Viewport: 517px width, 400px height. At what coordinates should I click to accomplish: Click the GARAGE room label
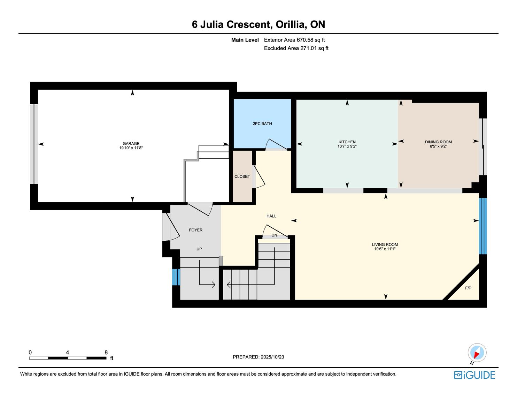131,143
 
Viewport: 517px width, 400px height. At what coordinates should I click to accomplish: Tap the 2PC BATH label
262,123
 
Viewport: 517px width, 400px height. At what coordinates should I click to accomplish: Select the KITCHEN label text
347,142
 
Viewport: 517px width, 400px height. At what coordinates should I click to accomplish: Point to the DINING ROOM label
438,142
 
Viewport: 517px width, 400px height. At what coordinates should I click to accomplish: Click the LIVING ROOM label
385,244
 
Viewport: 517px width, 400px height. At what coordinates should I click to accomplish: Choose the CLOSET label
242,176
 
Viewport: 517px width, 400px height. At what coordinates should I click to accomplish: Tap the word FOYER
195,230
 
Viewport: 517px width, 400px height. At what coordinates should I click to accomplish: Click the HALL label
271,216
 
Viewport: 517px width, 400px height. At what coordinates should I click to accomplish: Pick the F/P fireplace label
468,288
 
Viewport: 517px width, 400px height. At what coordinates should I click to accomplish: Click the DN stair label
274,235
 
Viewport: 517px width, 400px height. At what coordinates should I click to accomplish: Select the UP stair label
199,249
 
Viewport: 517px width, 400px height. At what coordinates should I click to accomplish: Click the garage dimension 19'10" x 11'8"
131,148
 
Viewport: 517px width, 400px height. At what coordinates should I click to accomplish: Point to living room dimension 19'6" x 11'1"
385,249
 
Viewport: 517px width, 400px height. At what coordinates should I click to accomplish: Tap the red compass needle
477,355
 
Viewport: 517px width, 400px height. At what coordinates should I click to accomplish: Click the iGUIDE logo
474,375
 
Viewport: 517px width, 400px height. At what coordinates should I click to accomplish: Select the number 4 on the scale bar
68,352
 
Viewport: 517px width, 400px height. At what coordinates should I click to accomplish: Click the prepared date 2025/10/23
272,357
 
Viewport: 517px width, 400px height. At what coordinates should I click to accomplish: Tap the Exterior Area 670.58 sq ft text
294,40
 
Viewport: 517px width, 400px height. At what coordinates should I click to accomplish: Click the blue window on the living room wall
483,226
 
